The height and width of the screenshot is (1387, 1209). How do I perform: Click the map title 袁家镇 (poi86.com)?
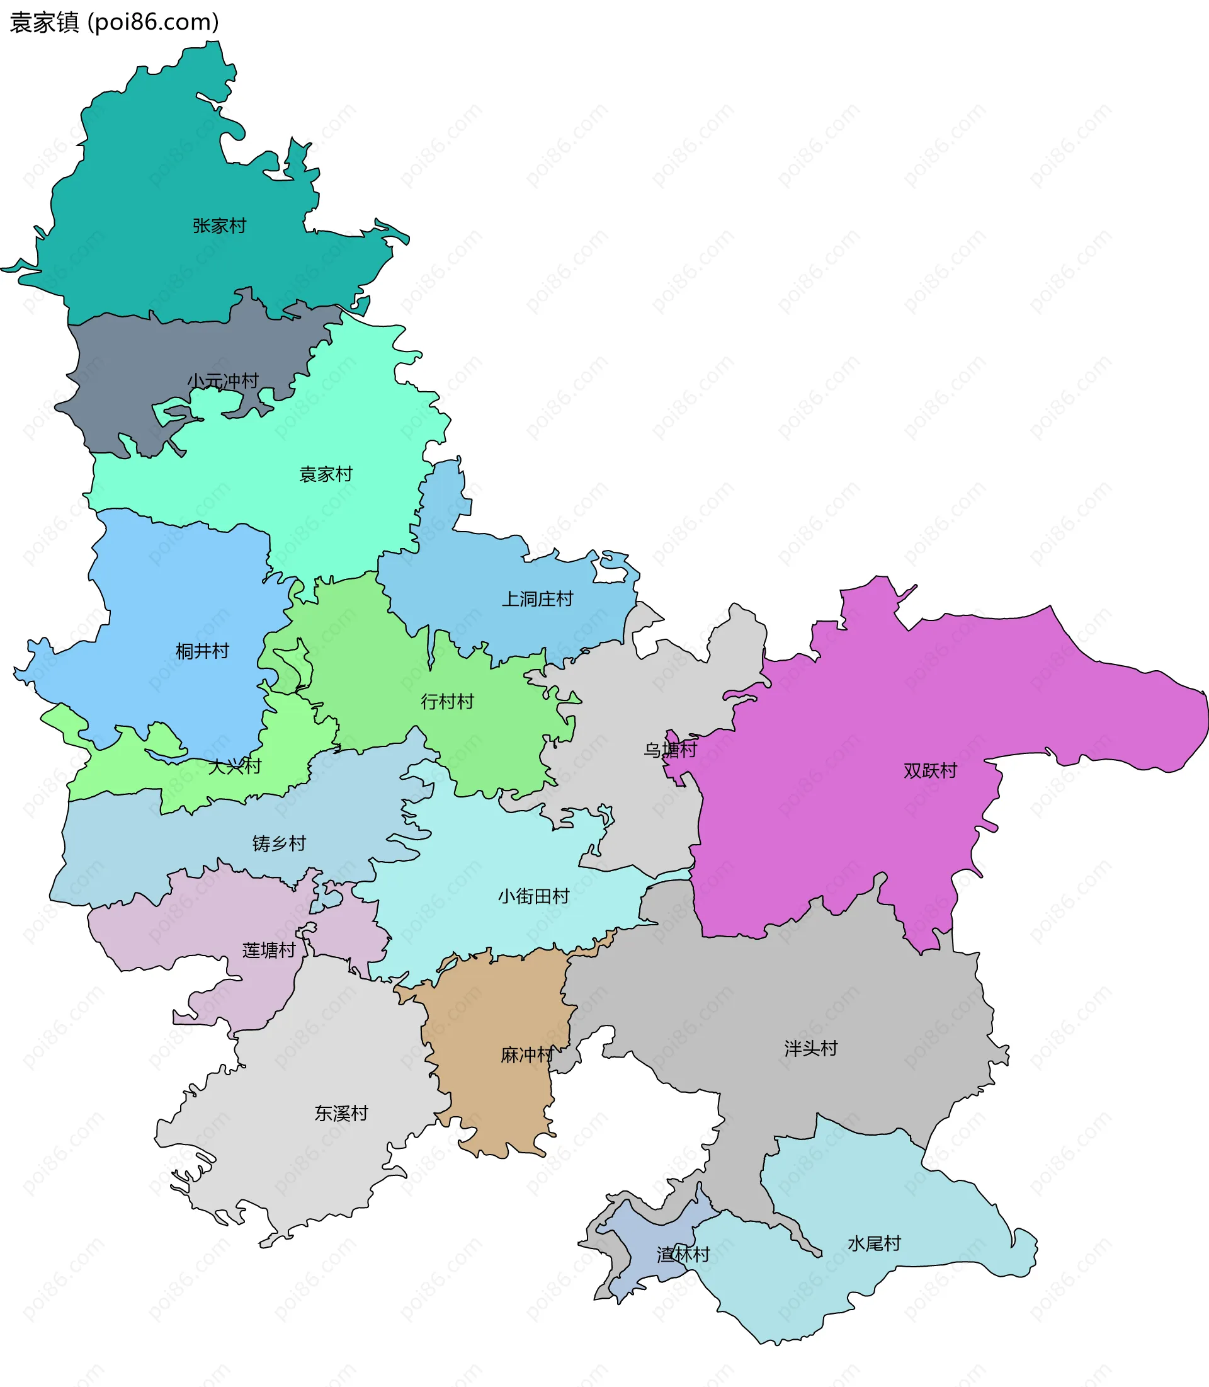pyautogui.click(x=114, y=22)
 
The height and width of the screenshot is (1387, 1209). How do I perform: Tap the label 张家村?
pyautogui.click(x=219, y=225)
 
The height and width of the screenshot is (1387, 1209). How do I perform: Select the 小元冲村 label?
pyautogui.click(x=223, y=381)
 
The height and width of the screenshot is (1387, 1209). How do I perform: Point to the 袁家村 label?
pyautogui.click(x=326, y=474)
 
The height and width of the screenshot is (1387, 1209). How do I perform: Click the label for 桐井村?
pyautogui.click(x=202, y=651)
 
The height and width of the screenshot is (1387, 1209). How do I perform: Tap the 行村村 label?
pyautogui.click(x=447, y=702)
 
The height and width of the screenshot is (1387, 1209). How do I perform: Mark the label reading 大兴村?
pyautogui.click(x=234, y=767)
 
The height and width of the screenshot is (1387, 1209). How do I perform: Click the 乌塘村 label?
pyautogui.click(x=670, y=750)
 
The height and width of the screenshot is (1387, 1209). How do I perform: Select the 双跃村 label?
pyautogui.click(x=931, y=771)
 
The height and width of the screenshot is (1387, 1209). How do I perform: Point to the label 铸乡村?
pyautogui.click(x=280, y=843)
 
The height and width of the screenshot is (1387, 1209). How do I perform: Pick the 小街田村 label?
pyautogui.click(x=534, y=896)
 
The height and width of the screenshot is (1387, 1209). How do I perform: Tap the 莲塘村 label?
pyautogui.click(x=270, y=950)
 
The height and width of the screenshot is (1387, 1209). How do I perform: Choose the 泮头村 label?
pyautogui.click(x=811, y=1048)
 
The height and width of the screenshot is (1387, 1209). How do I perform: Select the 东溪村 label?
pyautogui.click(x=341, y=1114)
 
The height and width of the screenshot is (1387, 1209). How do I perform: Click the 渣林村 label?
pyautogui.click(x=683, y=1255)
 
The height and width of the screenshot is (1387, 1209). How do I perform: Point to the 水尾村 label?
pyautogui.click(x=875, y=1244)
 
